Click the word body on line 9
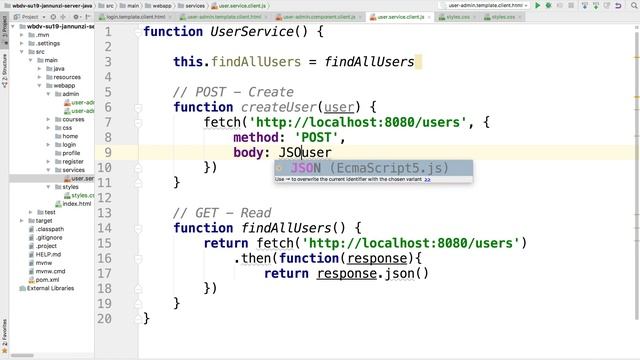251,152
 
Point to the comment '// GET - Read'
223,213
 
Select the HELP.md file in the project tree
48,254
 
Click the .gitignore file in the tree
49,237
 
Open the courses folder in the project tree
74,119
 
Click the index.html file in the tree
76,203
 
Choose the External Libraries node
51,289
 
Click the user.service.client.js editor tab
406,17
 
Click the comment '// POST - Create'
234,92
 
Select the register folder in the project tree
73,161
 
